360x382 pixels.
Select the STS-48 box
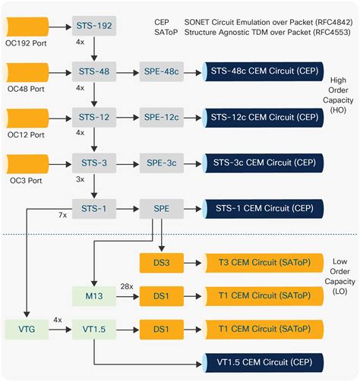pos(94,73)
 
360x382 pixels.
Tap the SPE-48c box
pos(161,73)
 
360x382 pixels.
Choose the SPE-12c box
pos(161,118)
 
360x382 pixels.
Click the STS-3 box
pos(94,163)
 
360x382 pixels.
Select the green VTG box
pos(27,331)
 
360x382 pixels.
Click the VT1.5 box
pos(93,331)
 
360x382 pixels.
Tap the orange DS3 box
pos(161,263)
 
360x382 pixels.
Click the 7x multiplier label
pos(63,216)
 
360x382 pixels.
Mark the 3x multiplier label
pos(81,181)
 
